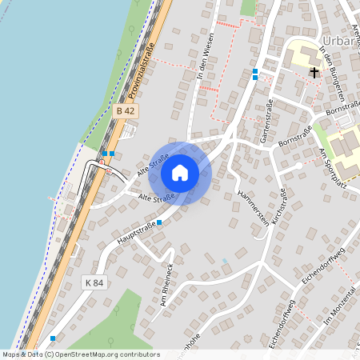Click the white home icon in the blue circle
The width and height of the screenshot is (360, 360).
click(x=180, y=172)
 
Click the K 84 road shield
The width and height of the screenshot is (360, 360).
click(x=94, y=282)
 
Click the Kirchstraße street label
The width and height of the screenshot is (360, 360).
click(x=280, y=209)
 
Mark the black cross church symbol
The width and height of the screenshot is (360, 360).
click(x=314, y=73)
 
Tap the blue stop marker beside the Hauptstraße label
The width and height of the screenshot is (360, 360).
click(x=159, y=222)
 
